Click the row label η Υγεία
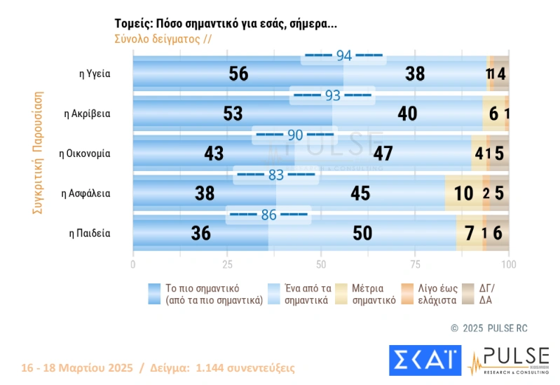(x=96, y=74)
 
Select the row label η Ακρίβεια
(x=87, y=113)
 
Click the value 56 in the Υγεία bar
(x=239, y=74)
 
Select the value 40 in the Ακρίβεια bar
(x=407, y=114)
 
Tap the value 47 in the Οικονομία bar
(x=383, y=153)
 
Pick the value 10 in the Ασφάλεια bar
(x=463, y=193)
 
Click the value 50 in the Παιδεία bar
(x=362, y=233)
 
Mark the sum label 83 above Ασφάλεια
(x=276, y=175)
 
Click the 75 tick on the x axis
(x=415, y=265)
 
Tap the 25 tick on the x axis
(x=227, y=265)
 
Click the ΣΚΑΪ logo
(x=425, y=359)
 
